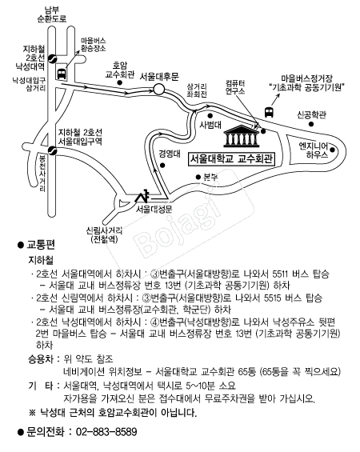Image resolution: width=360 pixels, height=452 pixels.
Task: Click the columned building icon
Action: (x=242, y=136)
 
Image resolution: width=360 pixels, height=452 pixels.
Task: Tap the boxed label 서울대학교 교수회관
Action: (x=232, y=159)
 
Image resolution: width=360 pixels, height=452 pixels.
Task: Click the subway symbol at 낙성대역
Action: (x=53, y=58)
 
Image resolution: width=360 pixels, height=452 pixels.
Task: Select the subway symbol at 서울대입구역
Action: (x=53, y=150)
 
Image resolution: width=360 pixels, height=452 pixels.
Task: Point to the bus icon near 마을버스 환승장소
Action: (x=62, y=74)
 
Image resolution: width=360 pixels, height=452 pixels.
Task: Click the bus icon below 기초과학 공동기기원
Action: (x=269, y=112)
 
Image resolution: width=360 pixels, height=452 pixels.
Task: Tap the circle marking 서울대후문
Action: (x=159, y=90)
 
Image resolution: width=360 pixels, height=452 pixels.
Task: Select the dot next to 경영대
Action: (x=162, y=166)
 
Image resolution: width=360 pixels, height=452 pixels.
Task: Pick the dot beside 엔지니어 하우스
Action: (x=332, y=150)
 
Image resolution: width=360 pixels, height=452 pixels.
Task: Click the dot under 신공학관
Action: (x=311, y=124)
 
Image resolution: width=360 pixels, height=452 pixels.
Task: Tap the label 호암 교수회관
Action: (x=120, y=70)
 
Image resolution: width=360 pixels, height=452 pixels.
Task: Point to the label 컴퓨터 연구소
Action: (x=235, y=87)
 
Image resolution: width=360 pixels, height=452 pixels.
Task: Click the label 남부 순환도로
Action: (x=52, y=14)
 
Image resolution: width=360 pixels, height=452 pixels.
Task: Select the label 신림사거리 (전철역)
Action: (x=104, y=235)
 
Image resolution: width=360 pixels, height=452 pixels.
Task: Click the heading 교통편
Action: (x=41, y=245)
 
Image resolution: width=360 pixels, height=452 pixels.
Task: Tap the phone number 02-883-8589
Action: (x=106, y=432)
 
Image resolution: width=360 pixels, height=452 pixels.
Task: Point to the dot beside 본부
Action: (x=198, y=178)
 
